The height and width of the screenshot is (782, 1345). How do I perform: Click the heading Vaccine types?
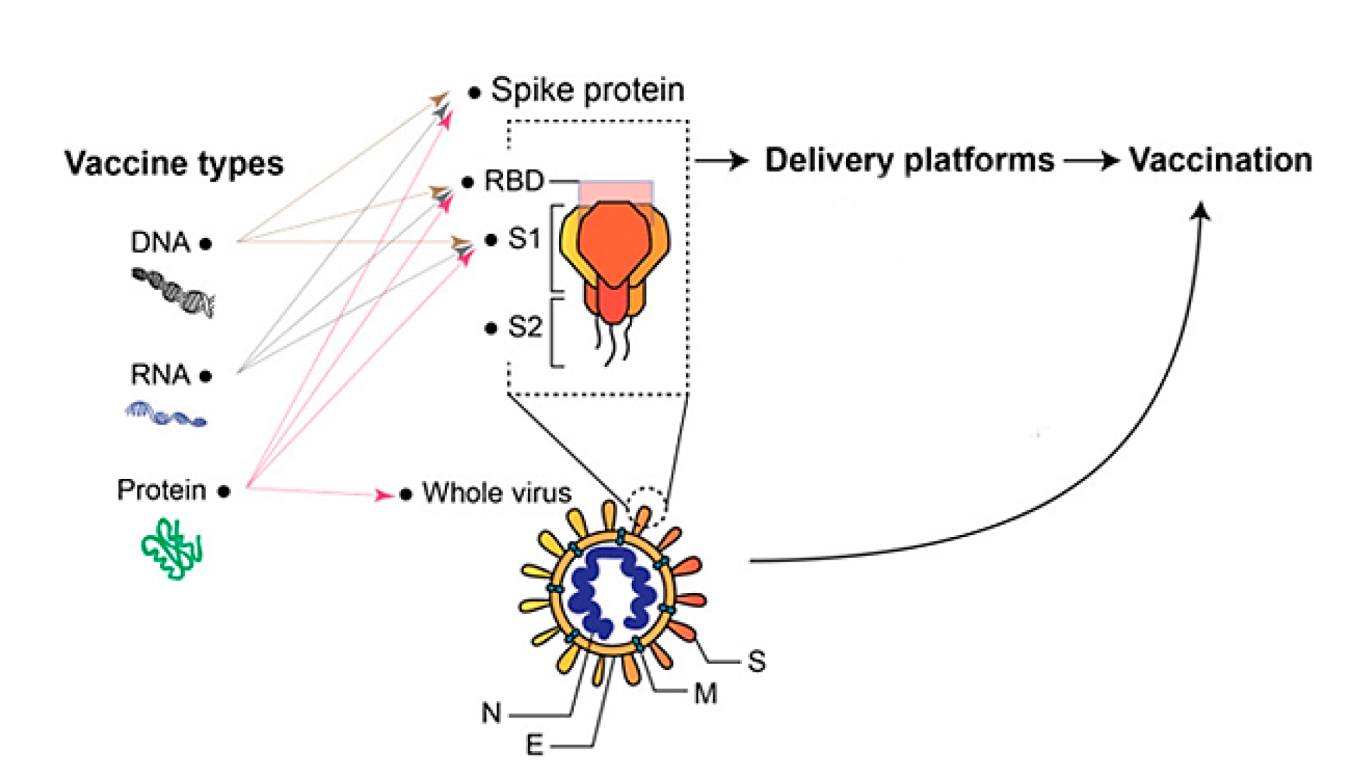point(173,163)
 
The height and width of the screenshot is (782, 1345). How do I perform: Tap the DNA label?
point(160,243)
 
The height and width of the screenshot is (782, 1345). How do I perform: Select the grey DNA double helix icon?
point(173,292)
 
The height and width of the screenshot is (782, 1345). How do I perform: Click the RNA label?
point(160,375)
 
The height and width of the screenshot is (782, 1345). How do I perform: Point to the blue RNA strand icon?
point(166,414)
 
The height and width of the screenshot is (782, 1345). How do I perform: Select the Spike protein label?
point(587,90)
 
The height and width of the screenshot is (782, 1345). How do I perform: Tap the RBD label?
point(513,181)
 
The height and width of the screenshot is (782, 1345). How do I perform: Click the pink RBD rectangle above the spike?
point(615,191)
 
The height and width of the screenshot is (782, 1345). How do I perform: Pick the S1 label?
point(524,238)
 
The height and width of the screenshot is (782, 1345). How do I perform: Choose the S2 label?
point(525,327)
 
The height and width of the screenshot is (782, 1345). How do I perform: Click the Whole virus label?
point(496,492)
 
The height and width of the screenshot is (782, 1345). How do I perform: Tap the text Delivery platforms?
point(909,160)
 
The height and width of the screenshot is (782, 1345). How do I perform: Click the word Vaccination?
point(1220,160)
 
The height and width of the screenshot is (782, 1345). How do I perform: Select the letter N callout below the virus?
point(491,713)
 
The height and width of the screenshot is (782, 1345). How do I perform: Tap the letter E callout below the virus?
point(534,745)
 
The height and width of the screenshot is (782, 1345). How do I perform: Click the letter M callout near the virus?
point(705,693)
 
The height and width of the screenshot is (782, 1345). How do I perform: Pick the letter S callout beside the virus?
point(756,662)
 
